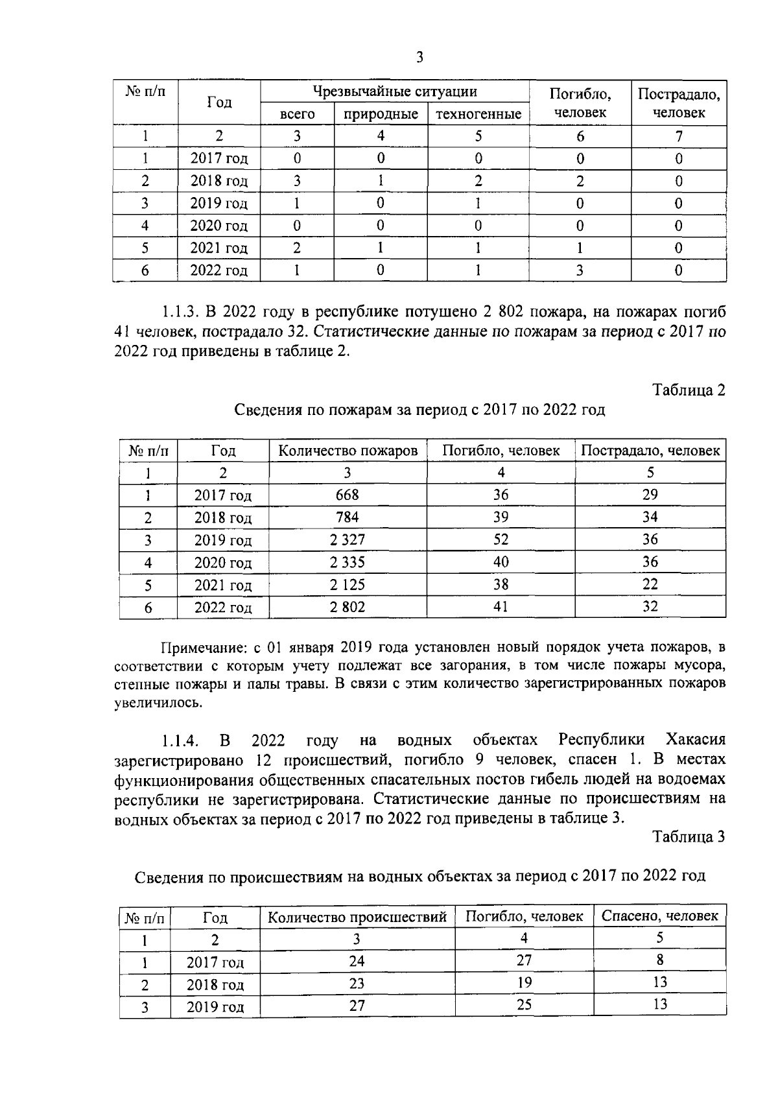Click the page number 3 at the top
tap(419, 58)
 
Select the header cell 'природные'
tap(381, 115)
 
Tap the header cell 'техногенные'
tap(478, 115)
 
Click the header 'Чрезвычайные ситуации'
tap(395, 91)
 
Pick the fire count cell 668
tap(348, 495)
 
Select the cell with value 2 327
tap(348, 539)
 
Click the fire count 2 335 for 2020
tap(348, 562)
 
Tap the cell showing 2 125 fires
tap(348, 584)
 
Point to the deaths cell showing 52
tap(501, 539)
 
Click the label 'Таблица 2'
tap(689, 390)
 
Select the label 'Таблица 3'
tap(689, 836)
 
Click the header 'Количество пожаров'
tap(348, 451)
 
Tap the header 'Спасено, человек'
tap(659, 916)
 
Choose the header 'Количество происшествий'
tap(357, 917)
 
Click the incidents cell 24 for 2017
tap(357, 961)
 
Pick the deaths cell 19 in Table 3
tap(524, 982)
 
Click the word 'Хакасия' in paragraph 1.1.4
tap(695, 740)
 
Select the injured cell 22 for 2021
tap(650, 584)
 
